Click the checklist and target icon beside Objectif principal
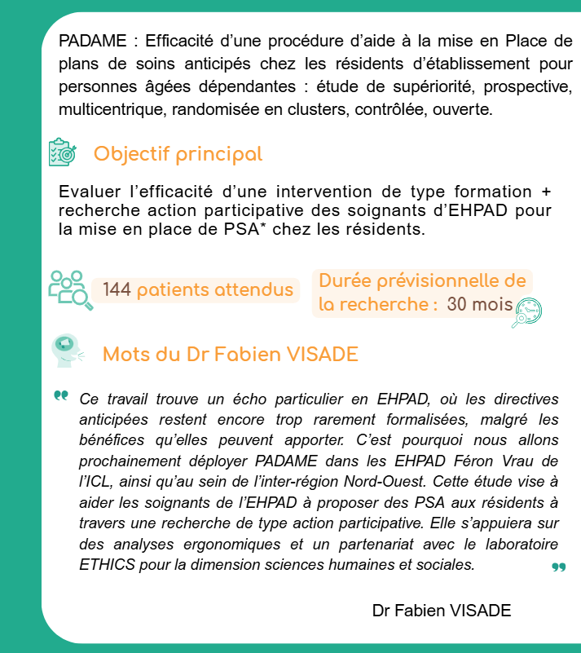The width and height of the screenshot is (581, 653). pyautogui.click(x=62, y=153)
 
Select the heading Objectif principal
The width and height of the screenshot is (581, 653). pyautogui.click(x=178, y=154)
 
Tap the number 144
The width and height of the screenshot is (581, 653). pyautogui.click(x=117, y=290)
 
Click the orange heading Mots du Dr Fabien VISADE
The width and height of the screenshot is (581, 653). pyautogui.click(x=231, y=355)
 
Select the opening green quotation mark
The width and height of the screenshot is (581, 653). pyautogui.click(x=61, y=396)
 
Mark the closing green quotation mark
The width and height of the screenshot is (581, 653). pyautogui.click(x=558, y=567)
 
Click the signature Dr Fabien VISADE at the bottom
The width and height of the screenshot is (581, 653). pyautogui.click(x=442, y=611)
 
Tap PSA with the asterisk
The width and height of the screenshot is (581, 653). pyautogui.click(x=252, y=230)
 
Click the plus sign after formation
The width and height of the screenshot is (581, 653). pyautogui.click(x=546, y=192)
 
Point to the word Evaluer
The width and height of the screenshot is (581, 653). pyautogui.click(x=90, y=192)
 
